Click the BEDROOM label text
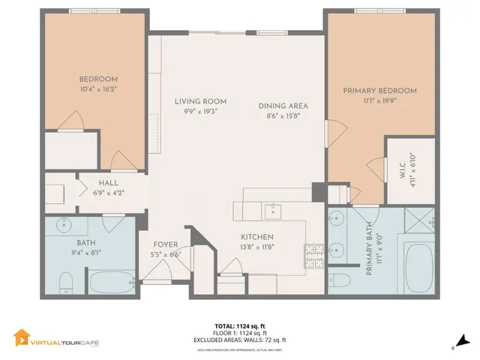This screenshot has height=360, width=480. [x=98, y=79]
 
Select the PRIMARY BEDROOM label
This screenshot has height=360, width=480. [x=379, y=91]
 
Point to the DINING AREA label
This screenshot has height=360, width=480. [x=283, y=106]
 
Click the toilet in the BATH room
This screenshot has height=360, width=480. [x=65, y=281]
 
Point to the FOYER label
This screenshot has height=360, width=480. [x=166, y=244]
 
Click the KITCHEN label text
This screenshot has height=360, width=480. [x=256, y=236]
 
